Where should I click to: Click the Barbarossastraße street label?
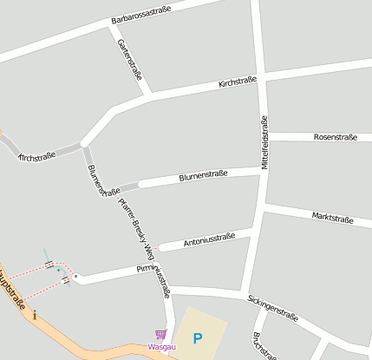tap(141, 14)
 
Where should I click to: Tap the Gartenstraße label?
tap(129, 60)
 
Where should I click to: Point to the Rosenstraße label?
tap(336, 137)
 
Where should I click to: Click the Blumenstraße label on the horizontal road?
tap(203, 176)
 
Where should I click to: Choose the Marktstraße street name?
tap(332, 218)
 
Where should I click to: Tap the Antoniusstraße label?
tap(210, 240)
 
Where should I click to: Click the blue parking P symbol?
tap(198, 337)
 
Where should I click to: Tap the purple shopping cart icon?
tap(160, 334)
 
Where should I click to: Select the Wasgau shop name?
tap(160, 347)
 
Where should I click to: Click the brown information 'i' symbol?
tap(35, 316)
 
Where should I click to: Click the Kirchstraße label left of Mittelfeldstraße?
tap(238, 82)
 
